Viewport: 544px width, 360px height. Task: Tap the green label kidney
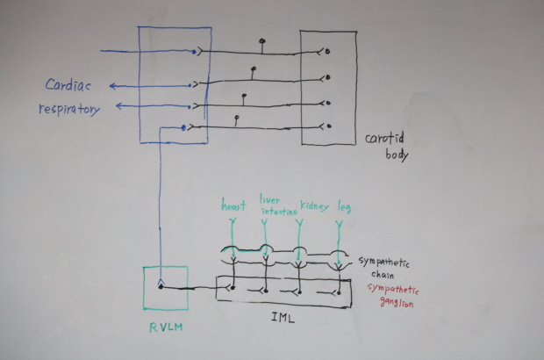pos(314,207)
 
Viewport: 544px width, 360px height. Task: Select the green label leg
pos(344,207)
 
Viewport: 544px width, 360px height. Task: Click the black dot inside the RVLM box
pos(160,285)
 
